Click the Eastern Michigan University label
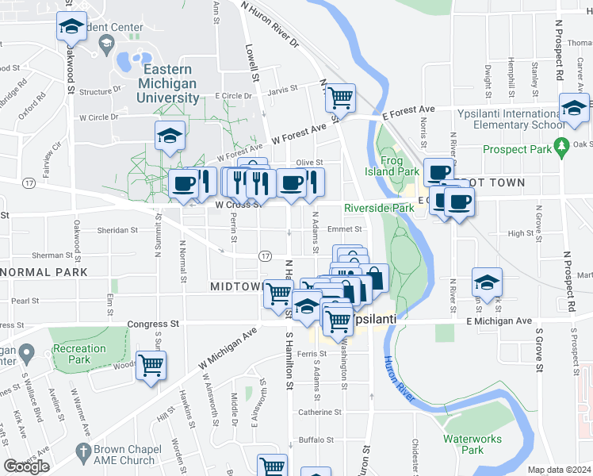170,83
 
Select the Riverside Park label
379,208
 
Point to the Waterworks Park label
463,443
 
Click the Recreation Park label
79,354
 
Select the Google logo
26,466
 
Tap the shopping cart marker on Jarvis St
340,98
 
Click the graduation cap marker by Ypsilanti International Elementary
574,109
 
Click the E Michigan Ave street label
499,321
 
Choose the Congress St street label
153,324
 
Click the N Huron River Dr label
271,24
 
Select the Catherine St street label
319,412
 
